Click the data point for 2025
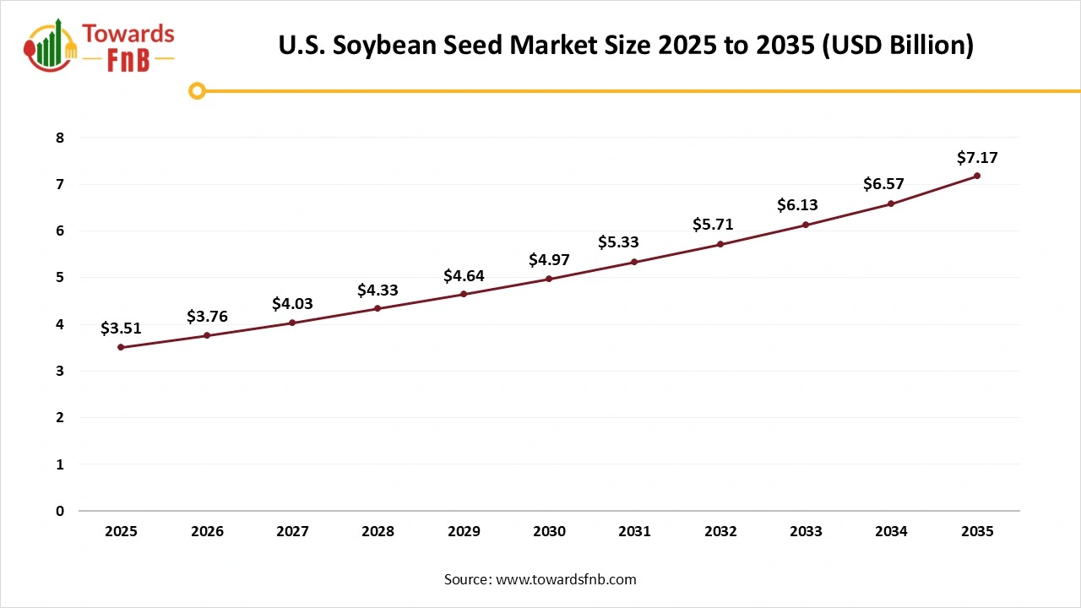coord(121,347)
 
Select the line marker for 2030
coord(549,279)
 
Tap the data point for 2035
coord(977,176)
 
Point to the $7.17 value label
coord(977,157)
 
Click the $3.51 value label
coord(121,328)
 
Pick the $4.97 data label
coord(549,259)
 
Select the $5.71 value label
coord(720,225)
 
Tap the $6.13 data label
coord(806,205)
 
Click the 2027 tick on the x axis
coord(292,531)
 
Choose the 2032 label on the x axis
coord(720,531)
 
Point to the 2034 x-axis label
coord(891,531)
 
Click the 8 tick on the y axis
coord(60,138)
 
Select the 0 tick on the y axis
coord(60,511)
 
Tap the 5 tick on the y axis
coord(60,278)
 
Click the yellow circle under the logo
coord(197,90)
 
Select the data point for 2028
coord(378,308)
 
